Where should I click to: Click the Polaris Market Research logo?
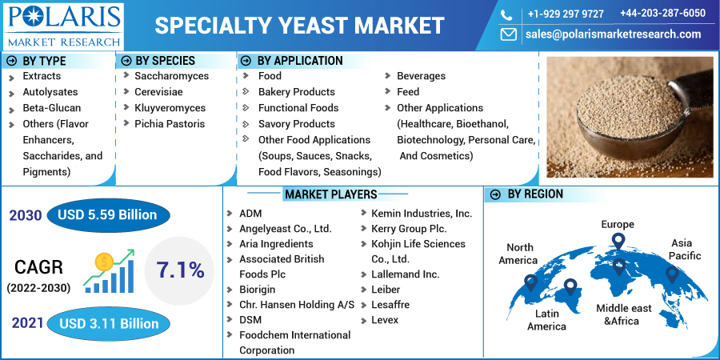click(x=64, y=26)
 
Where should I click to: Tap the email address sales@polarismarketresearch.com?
click(x=613, y=34)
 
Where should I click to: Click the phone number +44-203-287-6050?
click(x=662, y=13)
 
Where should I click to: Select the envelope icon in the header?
click(x=508, y=34)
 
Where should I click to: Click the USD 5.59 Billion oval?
click(x=108, y=215)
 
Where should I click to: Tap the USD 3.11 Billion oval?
click(x=108, y=324)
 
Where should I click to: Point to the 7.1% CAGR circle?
click(x=179, y=271)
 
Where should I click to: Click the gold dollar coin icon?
click(x=104, y=262)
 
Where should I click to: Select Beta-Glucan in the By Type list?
click(x=52, y=108)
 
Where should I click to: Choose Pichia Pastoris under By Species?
click(x=170, y=124)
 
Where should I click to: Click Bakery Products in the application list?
click(x=297, y=92)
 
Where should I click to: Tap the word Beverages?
click(x=421, y=76)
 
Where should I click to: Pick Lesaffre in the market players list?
click(x=390, y=305)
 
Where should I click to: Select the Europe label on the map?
click(x=618, y=225)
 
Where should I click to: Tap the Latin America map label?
click(x=546, y=319)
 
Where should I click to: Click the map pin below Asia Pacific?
click(x=672, y=274)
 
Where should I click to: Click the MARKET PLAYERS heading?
click(x=330, y=194)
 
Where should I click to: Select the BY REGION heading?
click(x=535, y=194)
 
